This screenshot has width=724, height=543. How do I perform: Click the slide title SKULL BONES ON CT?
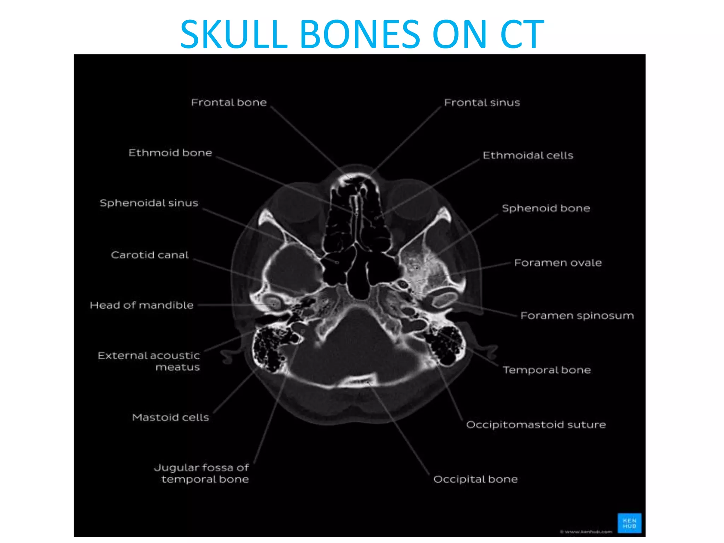(362, 34)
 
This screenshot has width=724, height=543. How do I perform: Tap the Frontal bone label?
(229, 103)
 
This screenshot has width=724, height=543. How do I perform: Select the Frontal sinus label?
(482, 103)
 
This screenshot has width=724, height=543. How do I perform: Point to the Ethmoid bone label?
(170, 153)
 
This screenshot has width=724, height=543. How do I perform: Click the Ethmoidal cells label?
(528, 156)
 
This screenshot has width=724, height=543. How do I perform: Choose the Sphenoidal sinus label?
(149, 203)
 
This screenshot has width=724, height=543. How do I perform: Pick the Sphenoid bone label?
(546, 208)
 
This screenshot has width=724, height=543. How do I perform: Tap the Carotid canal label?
(150, 255)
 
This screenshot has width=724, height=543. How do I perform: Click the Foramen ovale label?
(557, 263)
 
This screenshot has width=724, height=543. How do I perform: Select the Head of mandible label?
(141, 305)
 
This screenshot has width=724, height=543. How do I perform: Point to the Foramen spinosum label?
(577, 315)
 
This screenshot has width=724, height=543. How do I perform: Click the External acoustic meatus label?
(149, 361)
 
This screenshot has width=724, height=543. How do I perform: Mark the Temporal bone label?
(547, 370)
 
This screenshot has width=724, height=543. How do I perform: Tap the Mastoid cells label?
(170, 418)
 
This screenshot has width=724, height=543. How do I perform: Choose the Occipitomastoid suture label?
(536, 425)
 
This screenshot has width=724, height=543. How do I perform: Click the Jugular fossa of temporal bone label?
(202, 473)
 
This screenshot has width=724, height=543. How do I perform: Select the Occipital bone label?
(475, 479)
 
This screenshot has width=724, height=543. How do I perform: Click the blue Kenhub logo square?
(629, 523)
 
